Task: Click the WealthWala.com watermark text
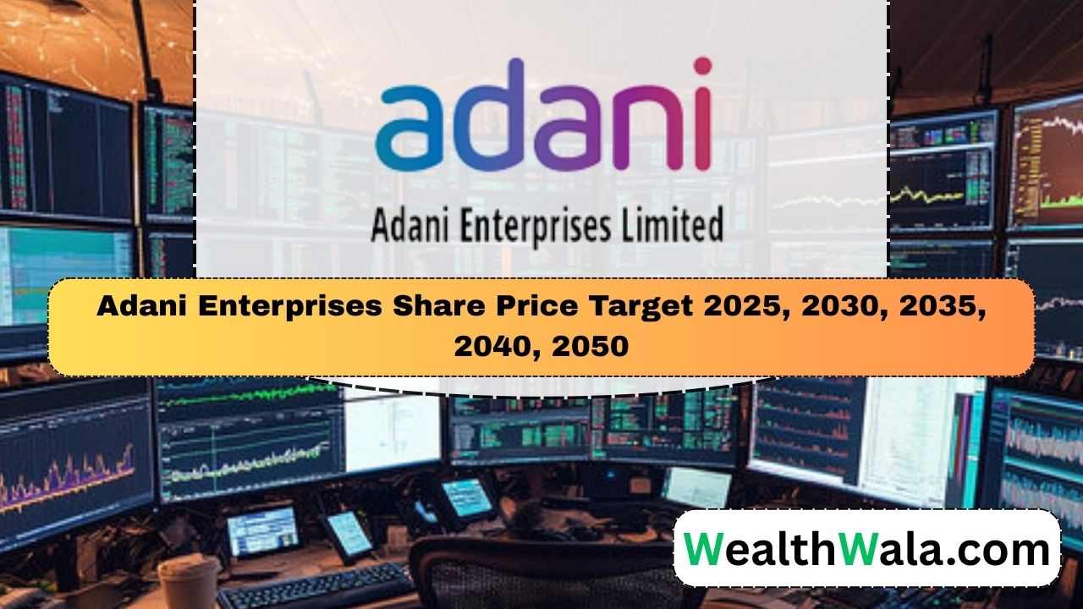[866, 549]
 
